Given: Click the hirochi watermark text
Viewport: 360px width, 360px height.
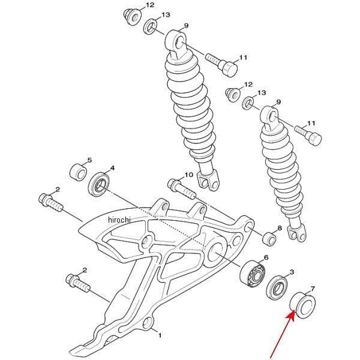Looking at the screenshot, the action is tap(119, 220).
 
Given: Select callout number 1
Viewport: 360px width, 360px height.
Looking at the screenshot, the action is tap(160, 335).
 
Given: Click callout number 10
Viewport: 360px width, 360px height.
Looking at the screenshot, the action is tap(189, 175).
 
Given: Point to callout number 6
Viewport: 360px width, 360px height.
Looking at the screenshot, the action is tap(266, 257).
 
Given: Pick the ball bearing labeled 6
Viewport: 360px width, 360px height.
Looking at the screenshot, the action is tap(252, 274).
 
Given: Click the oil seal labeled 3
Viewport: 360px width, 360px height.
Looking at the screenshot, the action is tap(278, 288).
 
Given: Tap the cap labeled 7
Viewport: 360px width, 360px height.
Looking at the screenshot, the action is tap(303, 305).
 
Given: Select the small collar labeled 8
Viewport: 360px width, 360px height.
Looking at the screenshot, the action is tap(269, 239).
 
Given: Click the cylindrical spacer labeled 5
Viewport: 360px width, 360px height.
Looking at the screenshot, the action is tap(78, 172).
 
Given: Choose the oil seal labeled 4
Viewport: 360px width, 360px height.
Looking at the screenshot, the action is tap(99, 184).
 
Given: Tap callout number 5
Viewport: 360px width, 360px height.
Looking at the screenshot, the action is tap(89, 160).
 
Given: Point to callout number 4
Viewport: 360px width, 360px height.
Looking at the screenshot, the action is tap(112, 168).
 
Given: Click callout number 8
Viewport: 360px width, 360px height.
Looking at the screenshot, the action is tap(280, 228).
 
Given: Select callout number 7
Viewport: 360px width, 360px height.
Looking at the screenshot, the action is tap(313, 288).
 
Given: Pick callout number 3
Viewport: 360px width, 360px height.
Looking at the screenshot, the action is tap(292, 272).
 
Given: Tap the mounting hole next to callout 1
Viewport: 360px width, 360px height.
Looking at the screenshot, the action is tap(147, 323).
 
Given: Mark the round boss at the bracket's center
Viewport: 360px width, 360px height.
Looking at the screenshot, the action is tap(146, 242).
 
